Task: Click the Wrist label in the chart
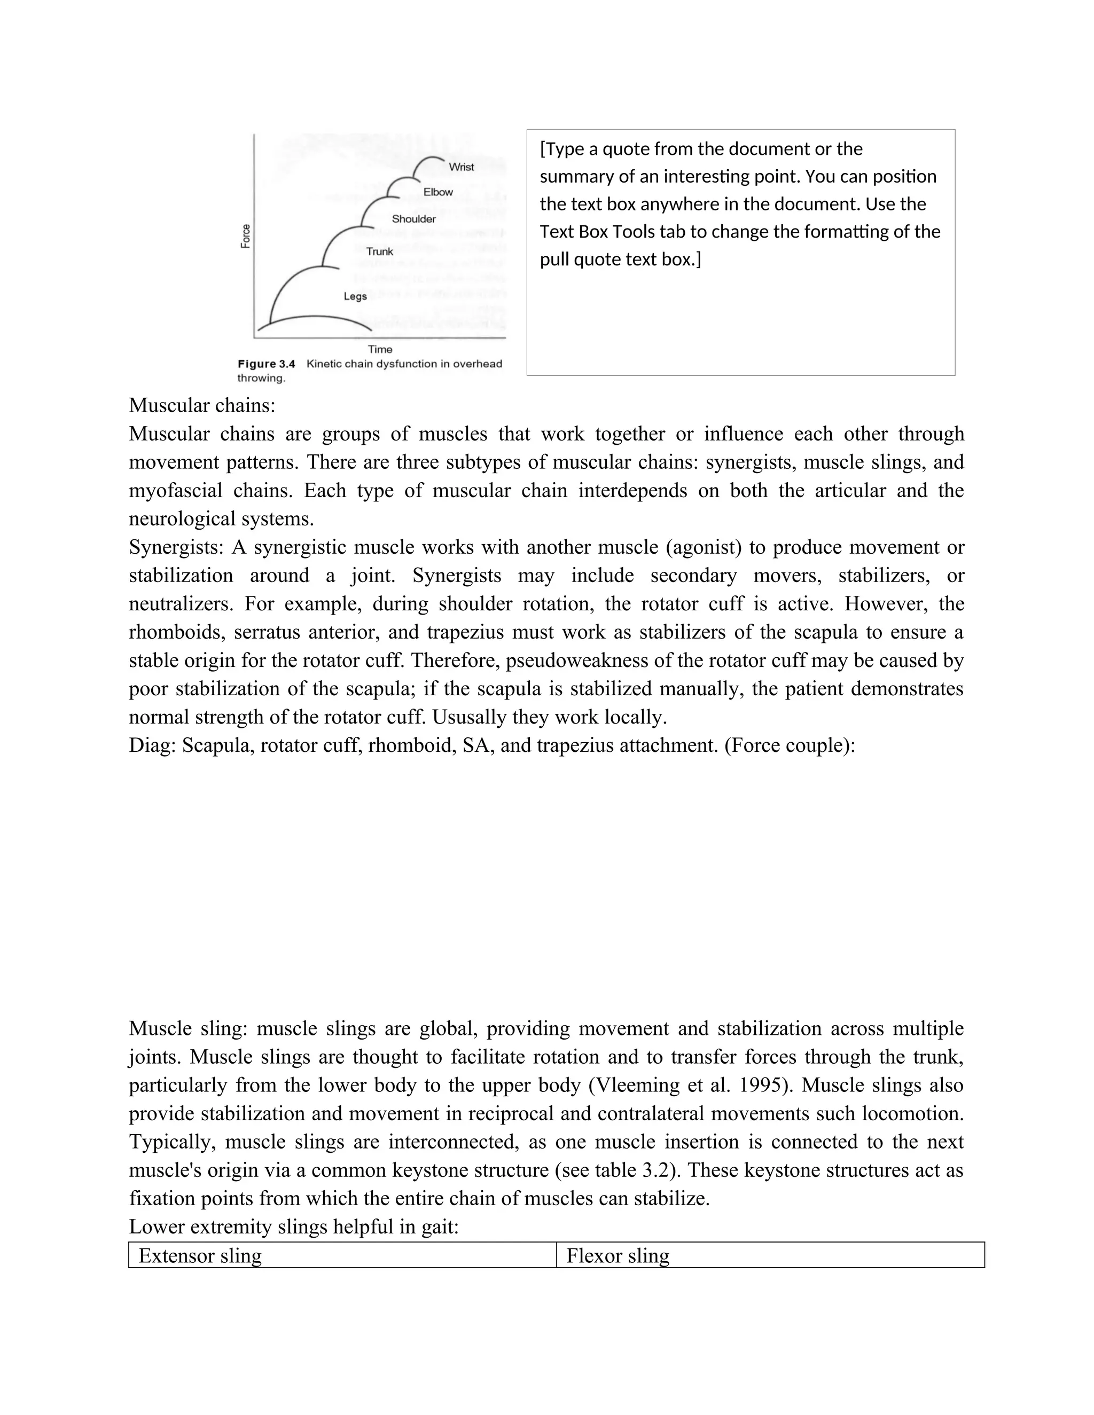point(461,167)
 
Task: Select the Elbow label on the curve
point(438,192)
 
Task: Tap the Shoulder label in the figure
point(413,219)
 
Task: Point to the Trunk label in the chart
point(379,251)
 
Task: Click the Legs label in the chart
point(355,296)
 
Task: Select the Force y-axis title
point(246,236)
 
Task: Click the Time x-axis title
point(380,349)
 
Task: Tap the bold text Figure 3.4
point(267,364)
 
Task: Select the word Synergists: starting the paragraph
point(176,547)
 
